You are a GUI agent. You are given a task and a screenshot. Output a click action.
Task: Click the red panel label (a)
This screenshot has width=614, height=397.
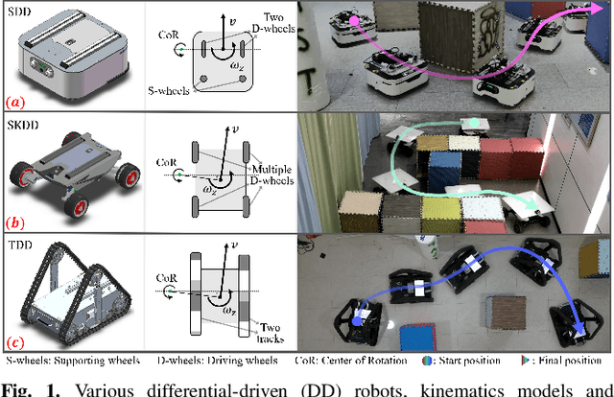pyautogui.click(x=15, y=103)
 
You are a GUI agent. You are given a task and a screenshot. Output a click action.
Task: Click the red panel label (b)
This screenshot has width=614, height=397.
pyautogui.click(x=15, y=222)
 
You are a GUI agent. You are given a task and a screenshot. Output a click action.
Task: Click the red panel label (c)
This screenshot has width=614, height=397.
pyautogui.click(x=15, y=343)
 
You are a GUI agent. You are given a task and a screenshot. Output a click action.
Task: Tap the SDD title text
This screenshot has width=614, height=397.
pyautogui.click(x=19, y=12)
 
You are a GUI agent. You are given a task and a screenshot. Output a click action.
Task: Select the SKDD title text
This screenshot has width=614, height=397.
pyautogui.click(x=23, y=125)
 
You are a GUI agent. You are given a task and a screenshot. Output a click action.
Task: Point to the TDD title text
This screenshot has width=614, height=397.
pyautogui.click(x=20, y=245)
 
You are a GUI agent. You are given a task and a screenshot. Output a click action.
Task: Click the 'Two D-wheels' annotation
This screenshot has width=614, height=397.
pyautogui.click(x=273, y=23)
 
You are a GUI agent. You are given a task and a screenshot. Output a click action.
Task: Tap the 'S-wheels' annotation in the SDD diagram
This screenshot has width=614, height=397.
pyautogui.click(x=169, y=91)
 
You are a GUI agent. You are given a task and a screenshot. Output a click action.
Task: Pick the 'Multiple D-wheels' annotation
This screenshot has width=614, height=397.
pyautogui.click(x=272, y=175)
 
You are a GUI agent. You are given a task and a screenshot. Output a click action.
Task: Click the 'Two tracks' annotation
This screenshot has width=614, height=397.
pyautogui.click(x=271, y=333)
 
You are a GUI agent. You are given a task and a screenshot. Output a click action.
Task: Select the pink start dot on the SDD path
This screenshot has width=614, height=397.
pyautogui.click(x=354, y=21)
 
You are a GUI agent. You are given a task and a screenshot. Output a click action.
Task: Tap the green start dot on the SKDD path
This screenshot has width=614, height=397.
pyautogui.click(x=474, y=122)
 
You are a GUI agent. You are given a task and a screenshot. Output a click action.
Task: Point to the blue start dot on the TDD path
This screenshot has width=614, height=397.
pyautogui.click(x=356, y=321)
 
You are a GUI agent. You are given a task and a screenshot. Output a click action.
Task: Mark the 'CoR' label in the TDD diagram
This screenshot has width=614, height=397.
pyautogui.click(x=167, y=278)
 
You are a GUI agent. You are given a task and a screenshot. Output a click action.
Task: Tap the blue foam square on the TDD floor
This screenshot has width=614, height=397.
pyautogui.click(x=418, y=338)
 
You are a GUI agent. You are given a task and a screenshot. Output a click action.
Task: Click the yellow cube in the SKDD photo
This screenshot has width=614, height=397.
pyautogui.click(x=441, y=215)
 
